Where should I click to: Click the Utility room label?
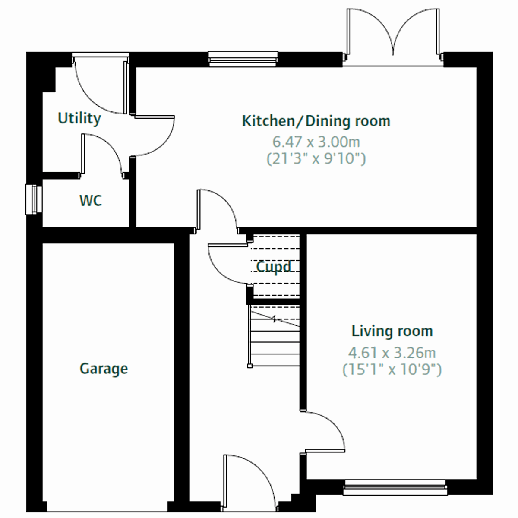[x=79, y=118]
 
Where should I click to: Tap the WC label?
[x=91, y=201]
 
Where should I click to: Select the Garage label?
[x=104, y=369]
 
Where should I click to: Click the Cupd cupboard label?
[x=274, y=267]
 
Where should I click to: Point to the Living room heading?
[x=392, y=331]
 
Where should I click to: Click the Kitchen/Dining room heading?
[x=316, y=121]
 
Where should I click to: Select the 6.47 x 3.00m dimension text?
[x=316, y=141]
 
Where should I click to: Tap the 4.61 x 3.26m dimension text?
[x=392, y=353]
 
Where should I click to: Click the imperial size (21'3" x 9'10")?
[x=316, y=158]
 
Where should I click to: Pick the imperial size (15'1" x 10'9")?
[x=392, y=370]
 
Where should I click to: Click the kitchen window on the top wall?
[x=243, y=58]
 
